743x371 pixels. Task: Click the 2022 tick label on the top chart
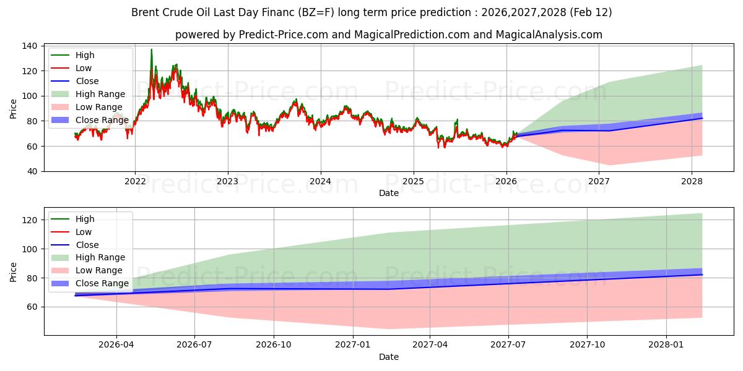pyautogui.click(x=135, y=181)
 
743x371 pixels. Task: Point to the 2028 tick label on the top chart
pyautogui.click(x=692, y=181)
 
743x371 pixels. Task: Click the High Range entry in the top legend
pyautogui.click(x=101, y=95)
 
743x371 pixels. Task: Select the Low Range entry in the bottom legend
pyautogui.click(x=100, y=270)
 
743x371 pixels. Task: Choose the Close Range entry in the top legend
pyautogui.click(x=102, y=121)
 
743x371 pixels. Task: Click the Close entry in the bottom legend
pyautogui.click(x=87, y=245)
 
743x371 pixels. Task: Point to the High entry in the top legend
pyautogui.click(x=85, y=55)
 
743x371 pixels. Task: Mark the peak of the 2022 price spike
pyautogui.click(x=151, y=49)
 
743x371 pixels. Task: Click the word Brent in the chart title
pyautogui.click(x=144, y=12)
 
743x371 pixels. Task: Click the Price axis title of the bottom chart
pyautogui.click(x=14, y=271)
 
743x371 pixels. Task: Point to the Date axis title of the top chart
pyautogui.click(x=388, y=193)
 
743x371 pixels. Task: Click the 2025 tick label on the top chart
pyautogui.click(x=413, y=181)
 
